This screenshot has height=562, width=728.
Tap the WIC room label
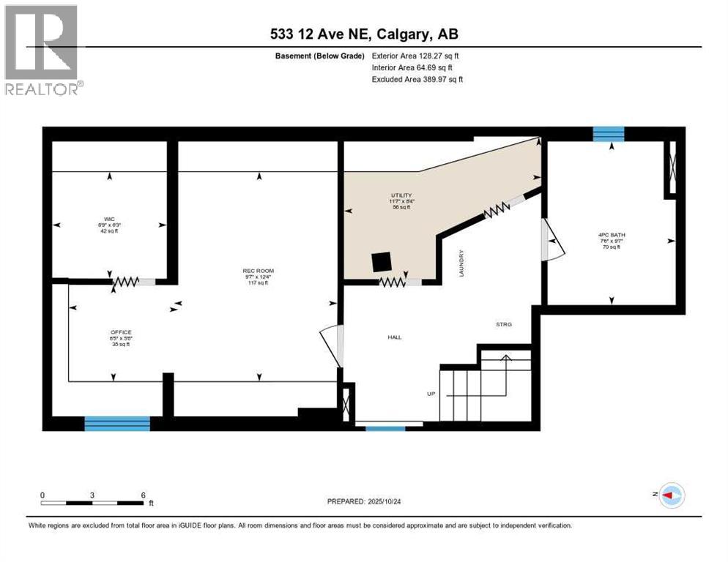109,218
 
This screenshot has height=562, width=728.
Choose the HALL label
394,337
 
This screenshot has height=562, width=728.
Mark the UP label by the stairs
431,394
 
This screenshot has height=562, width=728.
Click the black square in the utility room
381,261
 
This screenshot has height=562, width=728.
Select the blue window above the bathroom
608,133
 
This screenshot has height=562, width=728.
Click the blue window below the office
117,423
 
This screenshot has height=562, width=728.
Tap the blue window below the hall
385,427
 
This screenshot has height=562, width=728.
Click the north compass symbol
672,495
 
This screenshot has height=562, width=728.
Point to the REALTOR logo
42,50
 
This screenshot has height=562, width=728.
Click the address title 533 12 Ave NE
363,34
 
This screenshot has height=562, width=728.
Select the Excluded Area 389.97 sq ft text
417,79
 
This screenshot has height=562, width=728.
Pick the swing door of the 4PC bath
551,241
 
